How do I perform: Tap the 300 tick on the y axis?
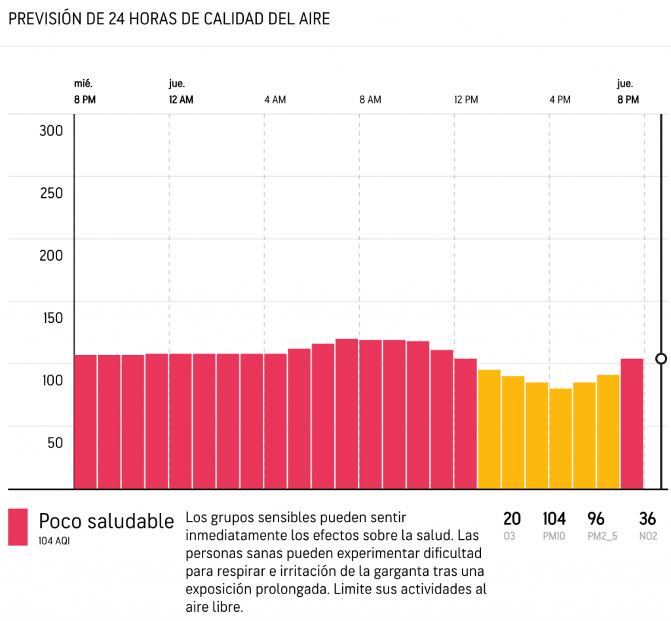50,130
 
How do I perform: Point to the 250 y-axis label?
50,193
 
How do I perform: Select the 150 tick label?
50,318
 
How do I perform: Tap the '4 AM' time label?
275,100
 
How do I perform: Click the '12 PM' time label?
466,100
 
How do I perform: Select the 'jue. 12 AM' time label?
181,92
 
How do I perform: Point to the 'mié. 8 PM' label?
86,92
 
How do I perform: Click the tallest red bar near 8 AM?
347,413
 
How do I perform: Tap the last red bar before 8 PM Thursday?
632,423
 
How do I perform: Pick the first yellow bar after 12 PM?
489,428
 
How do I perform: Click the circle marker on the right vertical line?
661,358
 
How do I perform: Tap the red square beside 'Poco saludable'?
18,527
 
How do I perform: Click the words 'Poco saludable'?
106,521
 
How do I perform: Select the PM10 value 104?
554,519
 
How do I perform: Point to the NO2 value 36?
647,519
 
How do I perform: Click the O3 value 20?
512,519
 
